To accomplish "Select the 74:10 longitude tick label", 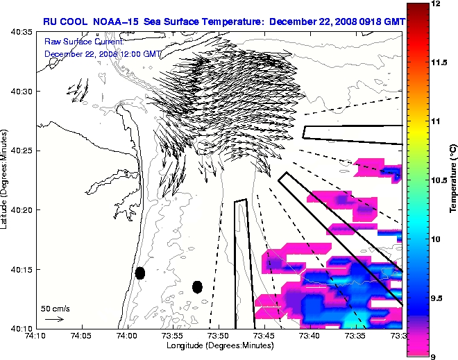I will coord(36,336).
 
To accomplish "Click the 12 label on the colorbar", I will coord(436,4).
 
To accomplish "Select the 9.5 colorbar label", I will coord(438,298).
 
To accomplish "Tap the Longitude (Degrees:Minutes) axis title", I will coord(219,345).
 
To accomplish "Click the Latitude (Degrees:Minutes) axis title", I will coord(6,180).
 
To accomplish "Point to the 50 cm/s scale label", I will coord(55,308).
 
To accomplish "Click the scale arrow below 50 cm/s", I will coord(54,319).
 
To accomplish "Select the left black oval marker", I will coord(140,273).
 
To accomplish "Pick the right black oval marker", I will coord(197,286).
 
